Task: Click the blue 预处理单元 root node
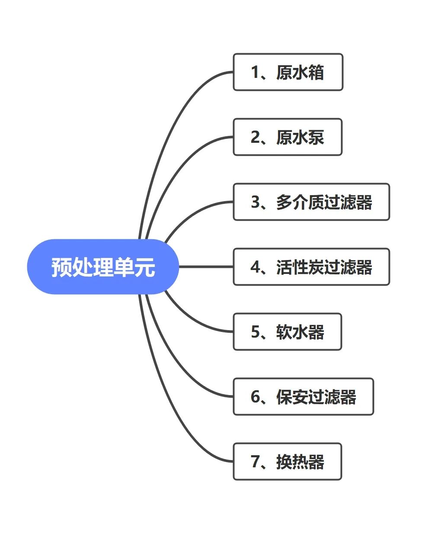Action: pyautogui.click(x=103, y=267)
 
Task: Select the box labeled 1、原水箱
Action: pyautogui.click(x=288, y=72)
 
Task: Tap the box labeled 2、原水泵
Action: pyautogui.click(x=288, y=137)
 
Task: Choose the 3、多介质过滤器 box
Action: pyautogui.click(x=311, y=202)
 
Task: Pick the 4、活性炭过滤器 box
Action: pyautogui.click(x=311, y=267)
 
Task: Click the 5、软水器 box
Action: pyautogui.click(x=288, y=332)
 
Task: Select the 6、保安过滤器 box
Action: pyautogui.click(x=303, y=397)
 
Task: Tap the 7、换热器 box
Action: pyautogui.click(x=288, y=462)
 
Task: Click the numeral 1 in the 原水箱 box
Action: pyautogui.click(x=255, y=72)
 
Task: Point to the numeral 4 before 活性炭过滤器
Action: pyautogui.click(x=256, y=267)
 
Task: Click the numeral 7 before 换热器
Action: pyautogui.click(x=255, y=462)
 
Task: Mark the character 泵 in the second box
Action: pyautogui.click(x=316, y=137)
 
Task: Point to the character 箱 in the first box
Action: pyautogui.click(x=316, y=72)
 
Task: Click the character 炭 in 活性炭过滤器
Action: pyautogui.click(x=316, y=267)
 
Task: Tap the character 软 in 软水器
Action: pyautogui.click(x=284, y=332)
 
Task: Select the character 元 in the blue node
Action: pyautogui.click(x=144, y=267)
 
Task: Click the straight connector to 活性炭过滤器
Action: pyautogui.click(x=206, y=267)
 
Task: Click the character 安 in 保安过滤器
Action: pyautogui.click(x=300, y=397)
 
